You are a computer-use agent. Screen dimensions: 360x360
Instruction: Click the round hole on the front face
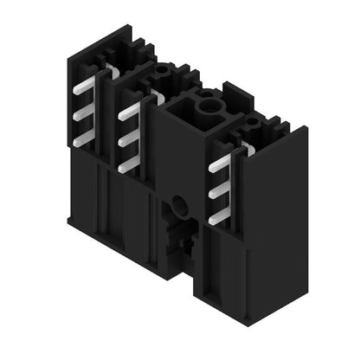(178, 204)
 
